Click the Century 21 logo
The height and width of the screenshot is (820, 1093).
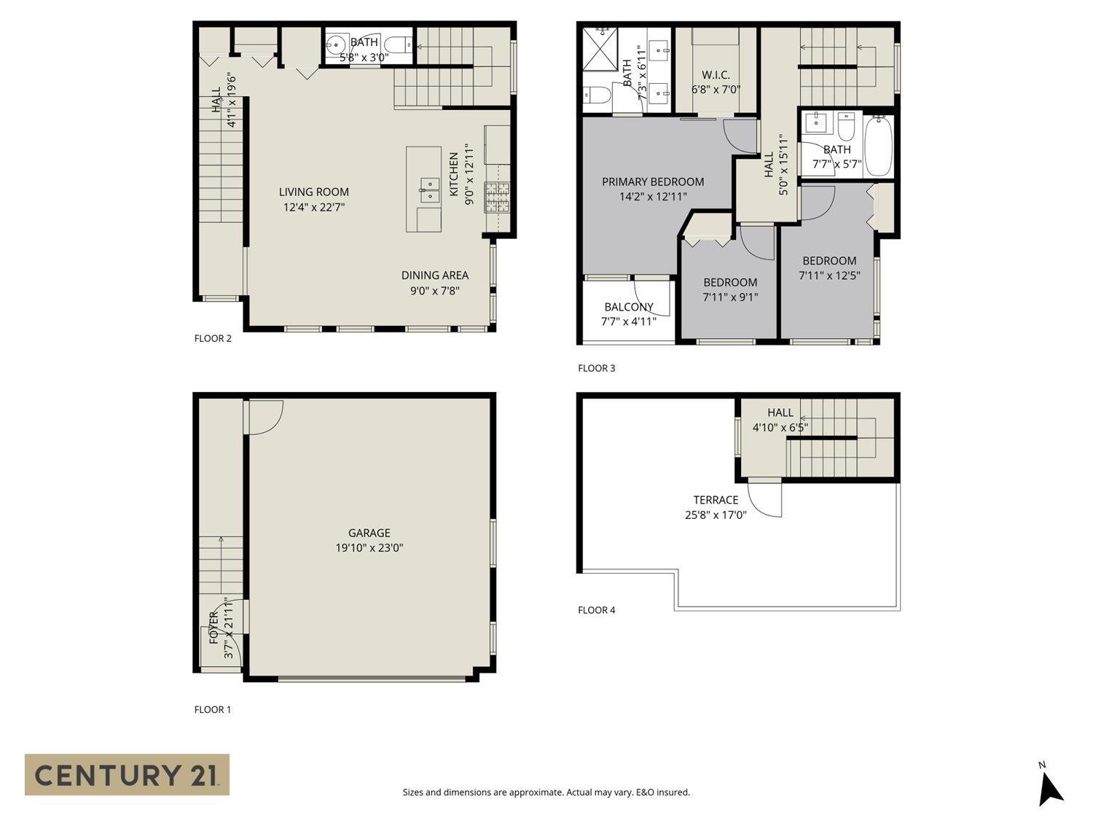(127, 774)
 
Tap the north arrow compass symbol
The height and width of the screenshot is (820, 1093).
(1050, 786)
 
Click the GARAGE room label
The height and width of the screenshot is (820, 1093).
(369, 533)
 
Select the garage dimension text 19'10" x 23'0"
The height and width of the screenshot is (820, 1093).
(369, 548)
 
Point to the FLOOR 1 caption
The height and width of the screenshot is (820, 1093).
(213, 709)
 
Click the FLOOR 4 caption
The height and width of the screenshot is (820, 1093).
(596, 610)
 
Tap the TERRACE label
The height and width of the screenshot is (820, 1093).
(716, 500)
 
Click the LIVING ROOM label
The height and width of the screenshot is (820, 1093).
(314, 192)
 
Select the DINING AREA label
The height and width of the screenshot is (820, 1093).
(435, 275)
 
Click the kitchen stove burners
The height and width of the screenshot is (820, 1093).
(498, 197)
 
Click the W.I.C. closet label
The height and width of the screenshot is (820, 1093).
(716, 75)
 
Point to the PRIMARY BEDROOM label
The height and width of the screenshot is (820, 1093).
(653, 181)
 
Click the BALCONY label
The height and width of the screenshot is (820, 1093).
(628, 307)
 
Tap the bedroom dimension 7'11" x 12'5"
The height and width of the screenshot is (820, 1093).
(829, 276)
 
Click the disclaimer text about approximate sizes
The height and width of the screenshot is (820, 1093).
(546, 792)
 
